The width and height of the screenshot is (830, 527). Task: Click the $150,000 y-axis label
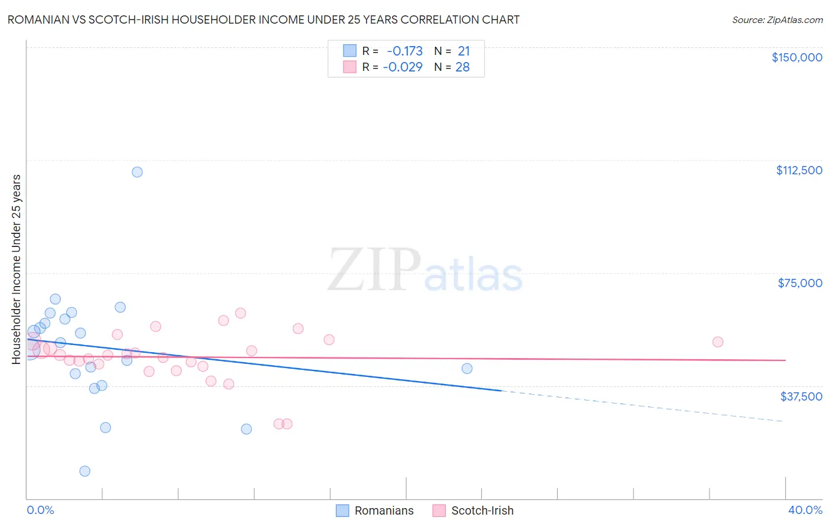[x=796, y=57]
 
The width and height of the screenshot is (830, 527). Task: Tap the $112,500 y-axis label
[x=799, y=170]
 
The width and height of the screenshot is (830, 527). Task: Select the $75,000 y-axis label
[x=799, y=283]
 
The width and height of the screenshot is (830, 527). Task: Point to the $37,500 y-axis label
[x=800, y=396]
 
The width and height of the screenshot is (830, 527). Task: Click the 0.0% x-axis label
[x=40, y=510]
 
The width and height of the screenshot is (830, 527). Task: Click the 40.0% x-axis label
[x=805, y=510]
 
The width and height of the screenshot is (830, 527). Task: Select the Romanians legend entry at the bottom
[x=375, y=510]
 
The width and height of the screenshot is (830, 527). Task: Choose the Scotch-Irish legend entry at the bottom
[x=473, y=510]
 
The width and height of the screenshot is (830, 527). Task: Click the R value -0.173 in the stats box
[x=404, y=51]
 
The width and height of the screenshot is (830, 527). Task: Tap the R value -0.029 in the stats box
[x=403, y=67]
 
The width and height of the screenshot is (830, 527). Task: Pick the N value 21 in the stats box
[x=463, y=51]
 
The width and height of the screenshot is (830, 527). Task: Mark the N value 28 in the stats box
[x=462, y=67]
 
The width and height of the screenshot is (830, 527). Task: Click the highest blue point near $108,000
[x=137, y=172]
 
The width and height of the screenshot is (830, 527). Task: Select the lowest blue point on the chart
[x=85, y=471]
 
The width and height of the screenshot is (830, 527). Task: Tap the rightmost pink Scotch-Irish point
[x=718, y=341]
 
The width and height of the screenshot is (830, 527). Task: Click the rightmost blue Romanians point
[x=467, y=369]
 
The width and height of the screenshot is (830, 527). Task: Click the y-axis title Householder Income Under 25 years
[x=17, y=269]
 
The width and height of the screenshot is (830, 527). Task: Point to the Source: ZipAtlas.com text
[x=777, y=20]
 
